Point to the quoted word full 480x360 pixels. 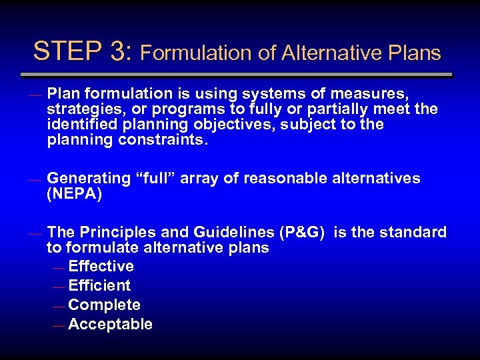(x=157, y=178)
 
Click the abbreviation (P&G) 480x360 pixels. (x=304, y=233)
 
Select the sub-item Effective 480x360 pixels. (x=101, y=267)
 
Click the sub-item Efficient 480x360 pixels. (x=99, y=286)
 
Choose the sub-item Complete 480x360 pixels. (x=104, y=305)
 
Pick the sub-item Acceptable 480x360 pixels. (x=110, y=325)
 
